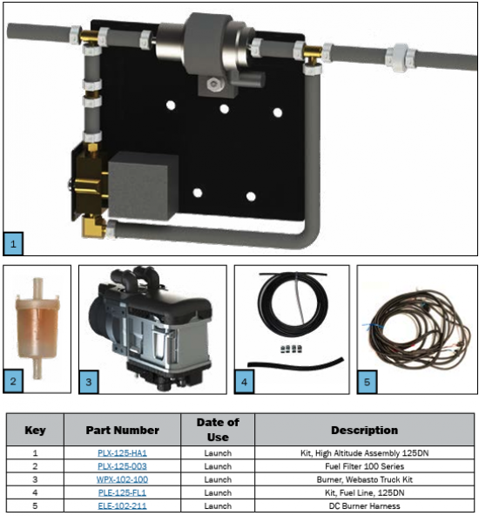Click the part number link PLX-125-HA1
click(122, 453)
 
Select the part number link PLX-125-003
click(122, 466)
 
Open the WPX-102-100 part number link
click(122, 479)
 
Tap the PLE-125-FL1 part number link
click(122, 492)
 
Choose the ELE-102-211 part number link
click(122, 506)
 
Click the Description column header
click(364, 430)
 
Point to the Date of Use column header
click(218, 430)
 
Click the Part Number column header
click(122, 430)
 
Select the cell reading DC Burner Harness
click(364, 506)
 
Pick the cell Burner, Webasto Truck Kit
click(364, 479)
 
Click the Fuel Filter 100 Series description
click(364, 466)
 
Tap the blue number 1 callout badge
click(13, 244)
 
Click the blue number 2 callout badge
click(13, 382)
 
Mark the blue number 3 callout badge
click(89, 382)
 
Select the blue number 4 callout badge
click(244, 382)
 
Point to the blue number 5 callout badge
click(367, 382)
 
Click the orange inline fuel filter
click(37, 329)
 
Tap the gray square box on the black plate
click(142, 186)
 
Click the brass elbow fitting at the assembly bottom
click(93, 227)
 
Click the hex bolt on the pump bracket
click(213, 85)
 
